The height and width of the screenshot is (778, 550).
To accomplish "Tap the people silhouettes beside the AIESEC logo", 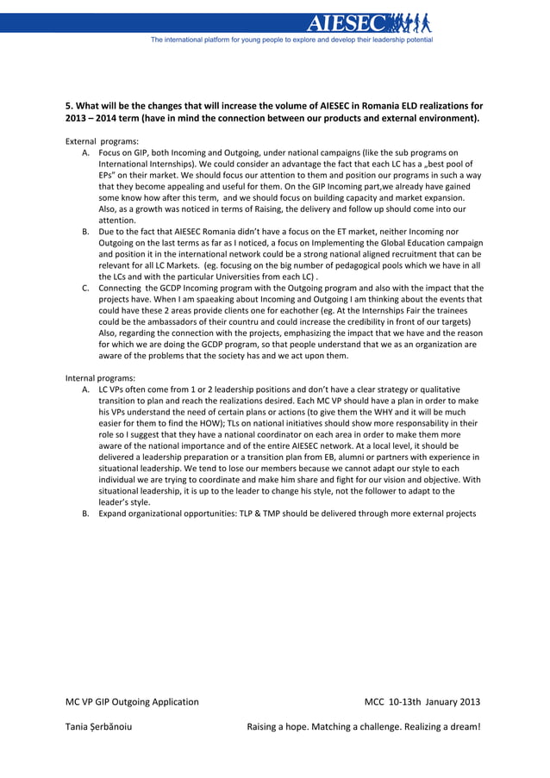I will pyautogui.click(x=409, y=23).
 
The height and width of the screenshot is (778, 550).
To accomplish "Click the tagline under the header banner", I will pyautogui.click(x=291, y=40).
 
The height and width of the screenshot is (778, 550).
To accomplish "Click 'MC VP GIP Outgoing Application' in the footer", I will pyautogui.click(x=132, y=701).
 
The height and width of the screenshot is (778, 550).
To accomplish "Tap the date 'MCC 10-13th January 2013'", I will pyautogui.click(x=422, y=701).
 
